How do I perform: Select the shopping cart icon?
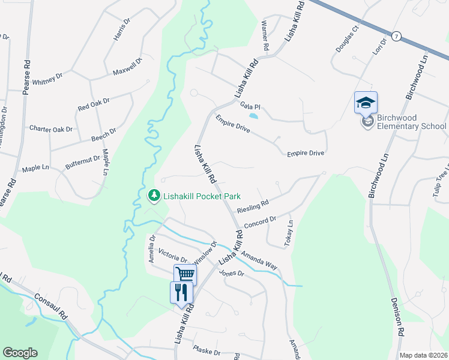click(x=185, y=275)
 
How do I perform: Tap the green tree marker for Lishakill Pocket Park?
click(x=154, y=196)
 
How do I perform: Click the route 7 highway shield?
click(x=396, y=37)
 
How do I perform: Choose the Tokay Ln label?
click(x=289, y=234)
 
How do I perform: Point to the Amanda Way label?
click(x=258, y=259)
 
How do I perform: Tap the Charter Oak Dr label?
click(x=51, y=129)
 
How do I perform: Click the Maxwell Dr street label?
click(x=127, y=67)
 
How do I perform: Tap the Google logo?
click(x=20, y=353)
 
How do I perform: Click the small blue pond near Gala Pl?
click(x=254, y=115)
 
